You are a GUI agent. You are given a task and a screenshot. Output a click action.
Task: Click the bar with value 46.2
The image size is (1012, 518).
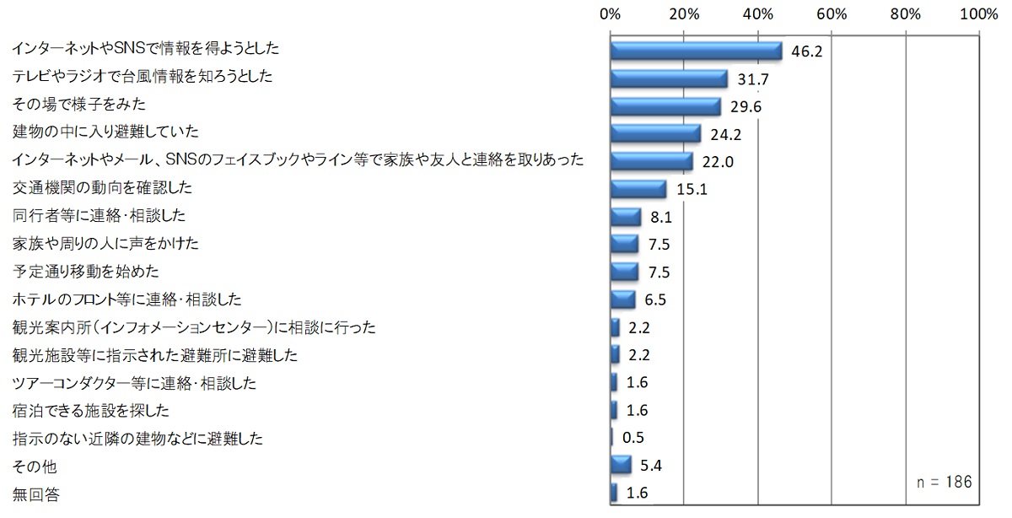click(696, 51)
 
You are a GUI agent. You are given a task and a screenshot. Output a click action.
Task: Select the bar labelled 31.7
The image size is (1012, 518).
click(669, 78)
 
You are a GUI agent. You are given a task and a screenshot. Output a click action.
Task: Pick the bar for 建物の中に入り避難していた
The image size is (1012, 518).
click(655, 133)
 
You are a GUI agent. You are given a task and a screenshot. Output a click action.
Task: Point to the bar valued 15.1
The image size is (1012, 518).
click(638, 189)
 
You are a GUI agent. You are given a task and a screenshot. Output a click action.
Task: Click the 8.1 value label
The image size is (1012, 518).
click(660, 218)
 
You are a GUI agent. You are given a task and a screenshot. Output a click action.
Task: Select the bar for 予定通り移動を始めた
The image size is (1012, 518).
click(624, 272)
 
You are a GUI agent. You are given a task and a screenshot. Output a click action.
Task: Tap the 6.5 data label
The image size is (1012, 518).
click(654, 300)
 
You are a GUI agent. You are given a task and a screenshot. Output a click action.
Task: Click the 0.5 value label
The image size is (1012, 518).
click(632, 439)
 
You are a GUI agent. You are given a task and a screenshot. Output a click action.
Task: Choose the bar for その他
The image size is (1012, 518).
click(621, 465)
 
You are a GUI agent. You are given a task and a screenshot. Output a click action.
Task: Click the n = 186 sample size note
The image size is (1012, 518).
click(945, 482)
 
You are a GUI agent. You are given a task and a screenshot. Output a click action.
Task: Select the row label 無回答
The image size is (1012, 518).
click(35, 494)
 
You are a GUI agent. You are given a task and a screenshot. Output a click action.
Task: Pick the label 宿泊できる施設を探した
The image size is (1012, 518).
click(91, 411)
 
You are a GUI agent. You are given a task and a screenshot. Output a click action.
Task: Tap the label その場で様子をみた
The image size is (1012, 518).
click(79, 105)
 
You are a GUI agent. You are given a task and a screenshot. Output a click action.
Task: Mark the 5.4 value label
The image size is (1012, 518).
click(651, 466)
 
